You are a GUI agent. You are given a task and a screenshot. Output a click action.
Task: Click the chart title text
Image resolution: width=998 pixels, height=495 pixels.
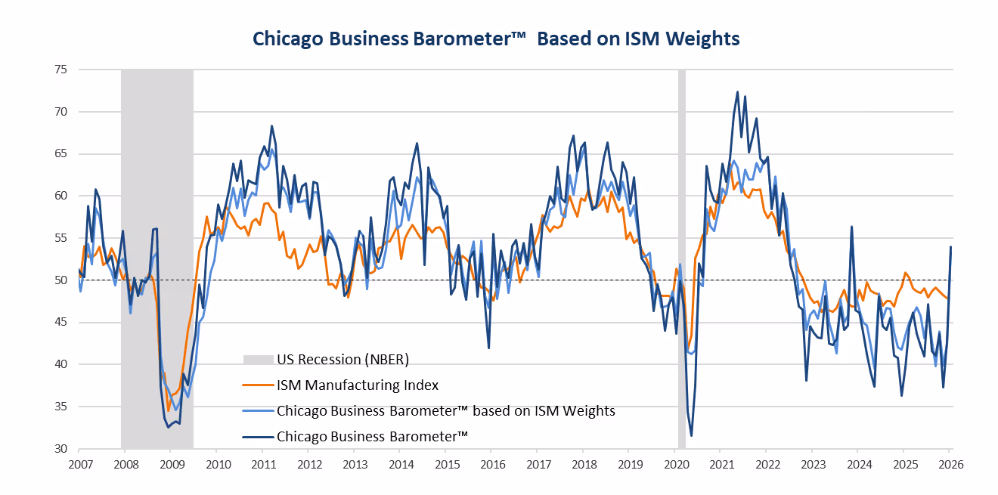click(495, 38)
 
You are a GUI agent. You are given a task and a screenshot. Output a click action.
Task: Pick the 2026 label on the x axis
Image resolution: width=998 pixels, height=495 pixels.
click(950, 463)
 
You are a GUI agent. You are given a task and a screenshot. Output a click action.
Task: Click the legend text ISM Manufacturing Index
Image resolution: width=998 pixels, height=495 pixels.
click(357, 385)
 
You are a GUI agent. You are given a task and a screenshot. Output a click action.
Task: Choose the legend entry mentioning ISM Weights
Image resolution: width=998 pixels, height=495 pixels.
click(445, 411)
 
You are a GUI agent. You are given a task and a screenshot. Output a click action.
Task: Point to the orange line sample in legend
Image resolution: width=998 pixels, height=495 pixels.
click(256, 385)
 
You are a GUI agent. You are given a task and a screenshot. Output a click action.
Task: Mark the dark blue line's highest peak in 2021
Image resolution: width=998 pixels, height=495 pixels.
click(737, 92)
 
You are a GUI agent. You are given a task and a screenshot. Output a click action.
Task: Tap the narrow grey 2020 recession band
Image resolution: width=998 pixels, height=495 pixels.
click(681, 227)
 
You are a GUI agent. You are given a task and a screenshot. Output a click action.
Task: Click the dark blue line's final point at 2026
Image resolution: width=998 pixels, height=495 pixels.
click(950, 247)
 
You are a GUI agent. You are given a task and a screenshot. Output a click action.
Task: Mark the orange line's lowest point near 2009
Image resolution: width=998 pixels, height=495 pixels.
click(168, 410)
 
